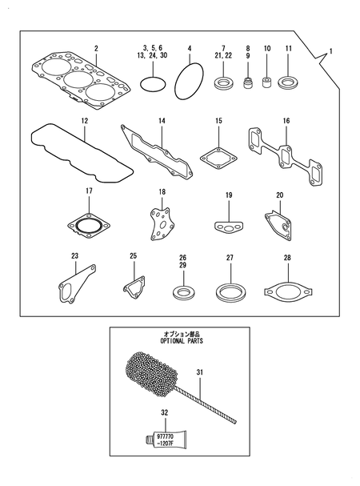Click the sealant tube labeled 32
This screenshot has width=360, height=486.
[x=169, y=439]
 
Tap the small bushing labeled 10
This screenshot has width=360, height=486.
[x=268, y=82]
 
